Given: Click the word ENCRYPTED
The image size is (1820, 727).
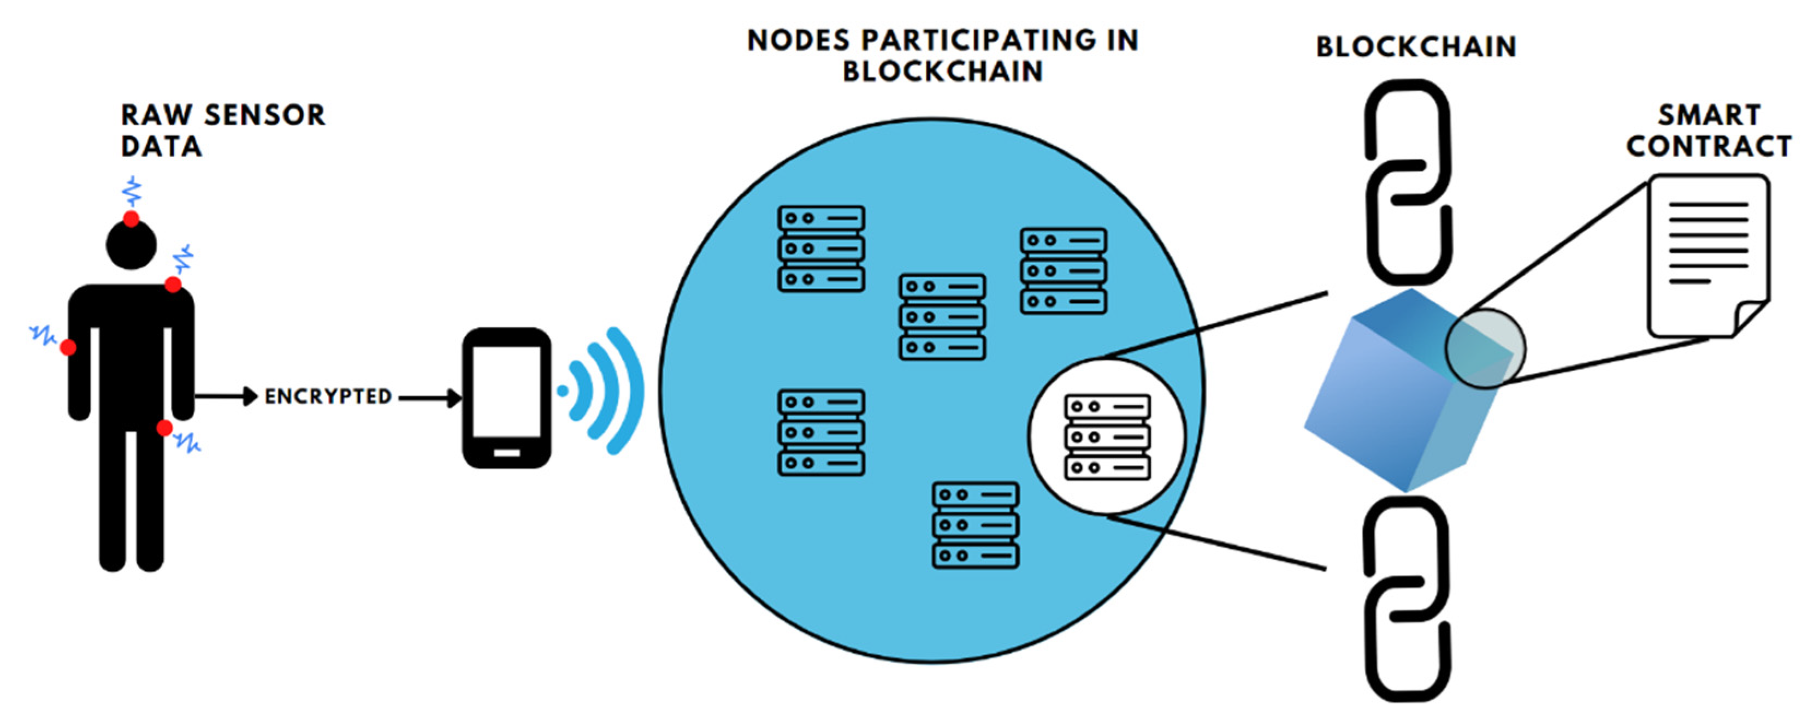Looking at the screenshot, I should click(x=328, y=397).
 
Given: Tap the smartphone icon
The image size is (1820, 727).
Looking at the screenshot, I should click(x=506, y=398).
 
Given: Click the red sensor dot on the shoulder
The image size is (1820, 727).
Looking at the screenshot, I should click(x=173, y=285).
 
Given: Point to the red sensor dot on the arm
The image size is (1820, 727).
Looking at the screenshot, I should click(x=68, y=347).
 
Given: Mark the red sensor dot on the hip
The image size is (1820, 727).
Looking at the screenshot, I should click(x=164, y=428).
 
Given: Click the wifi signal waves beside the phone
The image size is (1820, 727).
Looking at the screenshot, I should click(x=607, y=391).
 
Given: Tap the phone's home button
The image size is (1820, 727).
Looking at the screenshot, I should click(x=506, y=453).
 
